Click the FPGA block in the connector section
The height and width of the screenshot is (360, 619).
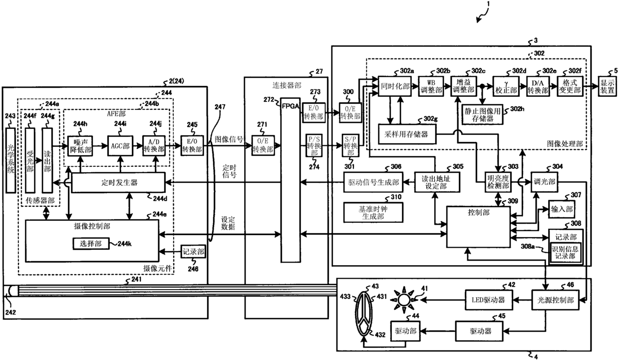click(x=291, y=180)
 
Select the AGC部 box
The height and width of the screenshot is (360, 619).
click(x=120, y=146)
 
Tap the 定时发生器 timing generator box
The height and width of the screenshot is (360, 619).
click(x=118, y=182)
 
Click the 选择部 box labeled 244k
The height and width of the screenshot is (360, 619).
click(x=91, y=244)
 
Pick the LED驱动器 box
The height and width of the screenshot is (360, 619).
click(x=489, y=300)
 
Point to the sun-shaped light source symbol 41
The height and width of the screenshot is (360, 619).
click(x=404, y=300)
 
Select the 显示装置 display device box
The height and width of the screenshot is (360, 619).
click(x=607, y=86)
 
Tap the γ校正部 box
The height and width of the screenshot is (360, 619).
click(x=506, y=86)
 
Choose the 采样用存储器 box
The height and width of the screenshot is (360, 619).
click(x=407, y=134)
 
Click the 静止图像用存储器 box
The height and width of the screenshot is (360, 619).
click(x=483, y=114)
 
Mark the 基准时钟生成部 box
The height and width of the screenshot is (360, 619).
click(x=373, y=212)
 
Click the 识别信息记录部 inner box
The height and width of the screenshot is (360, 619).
click(x=565, y=253)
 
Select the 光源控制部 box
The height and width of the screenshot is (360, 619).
click(x=556, y=300)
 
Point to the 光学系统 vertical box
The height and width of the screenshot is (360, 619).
click(x=10, y=160)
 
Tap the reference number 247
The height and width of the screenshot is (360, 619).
click(x=220, y=107)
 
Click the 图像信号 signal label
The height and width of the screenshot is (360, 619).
click(x=229, y=139)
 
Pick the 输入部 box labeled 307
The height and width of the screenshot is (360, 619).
click(x=562, y=209)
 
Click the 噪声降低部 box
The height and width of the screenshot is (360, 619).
click(x=81, y=146)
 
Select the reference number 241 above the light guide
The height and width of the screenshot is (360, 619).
click(x=136, y=279)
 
